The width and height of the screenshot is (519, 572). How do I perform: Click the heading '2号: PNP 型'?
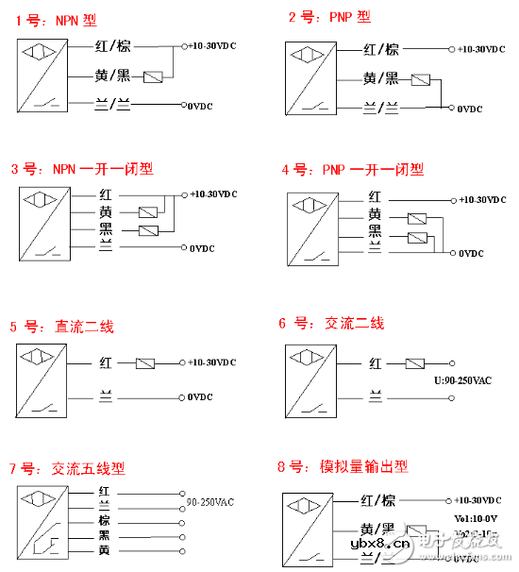tap(329, 17)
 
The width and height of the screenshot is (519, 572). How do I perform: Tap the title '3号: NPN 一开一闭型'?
tap(81, 170)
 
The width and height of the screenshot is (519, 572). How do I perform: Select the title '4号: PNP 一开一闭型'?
tap(352, 170)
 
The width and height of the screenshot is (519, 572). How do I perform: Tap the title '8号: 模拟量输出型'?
tap(343, 466)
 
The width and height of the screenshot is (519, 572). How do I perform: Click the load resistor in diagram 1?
tap(158, 76)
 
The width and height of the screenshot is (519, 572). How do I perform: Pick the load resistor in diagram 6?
tap(415, 362)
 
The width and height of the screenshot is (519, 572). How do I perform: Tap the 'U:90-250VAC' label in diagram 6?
tap(463, 380)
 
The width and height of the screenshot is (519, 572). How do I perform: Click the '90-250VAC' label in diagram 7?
tap(210, 502)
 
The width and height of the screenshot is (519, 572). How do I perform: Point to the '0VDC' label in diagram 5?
tap(201, 397)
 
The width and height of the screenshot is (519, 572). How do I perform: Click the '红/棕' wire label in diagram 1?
tap(113, 45)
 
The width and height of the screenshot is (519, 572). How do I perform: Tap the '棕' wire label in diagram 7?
tap(105, 520)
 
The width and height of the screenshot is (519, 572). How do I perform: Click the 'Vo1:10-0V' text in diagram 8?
tap(476, 518)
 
